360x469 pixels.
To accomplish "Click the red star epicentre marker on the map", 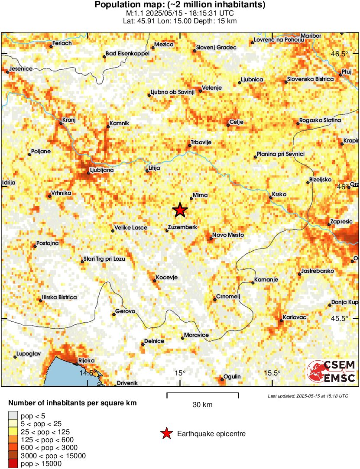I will coord(180,210).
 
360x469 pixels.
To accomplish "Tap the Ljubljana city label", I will coord(101,170).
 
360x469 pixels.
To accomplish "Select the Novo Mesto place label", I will coord(227,235).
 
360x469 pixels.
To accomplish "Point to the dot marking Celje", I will coord(228,126).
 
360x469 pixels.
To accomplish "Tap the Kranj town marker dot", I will coord(61,123).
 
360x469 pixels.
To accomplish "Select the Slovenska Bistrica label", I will coord(310,79).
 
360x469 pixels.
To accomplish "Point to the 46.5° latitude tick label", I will coord(339,54).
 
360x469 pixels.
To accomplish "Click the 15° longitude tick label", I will coord(180,373).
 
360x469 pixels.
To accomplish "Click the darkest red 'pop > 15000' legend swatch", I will coord(13,464).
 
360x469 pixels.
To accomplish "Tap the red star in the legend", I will coord(165,433).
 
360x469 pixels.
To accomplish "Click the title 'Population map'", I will coord(179,5).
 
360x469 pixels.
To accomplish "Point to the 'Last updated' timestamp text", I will coord(308,396).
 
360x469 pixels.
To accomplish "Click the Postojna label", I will coord(48,243).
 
